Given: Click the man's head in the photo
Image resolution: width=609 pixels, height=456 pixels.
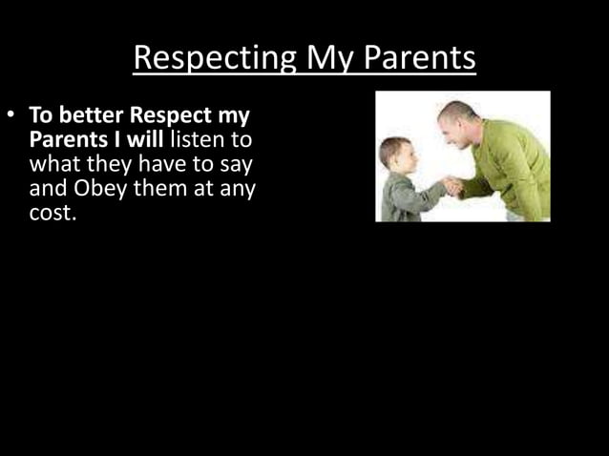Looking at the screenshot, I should point(457,120).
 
